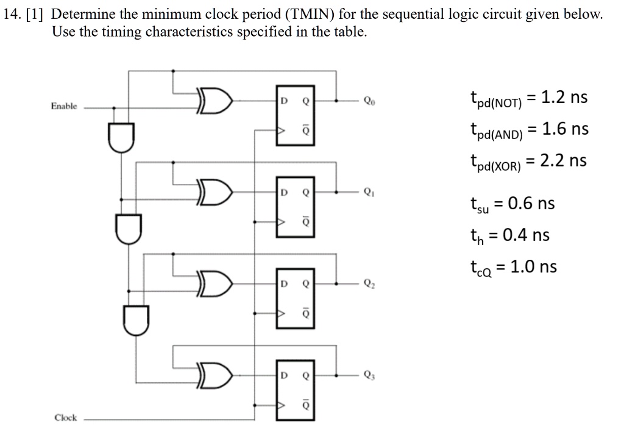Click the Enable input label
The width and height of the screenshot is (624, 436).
pyautogui.click(x=63, y=106)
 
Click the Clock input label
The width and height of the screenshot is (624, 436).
pyautogui.click(x=66, y=418)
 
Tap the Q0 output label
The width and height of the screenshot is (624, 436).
pyautogui.click(x=369, y=101)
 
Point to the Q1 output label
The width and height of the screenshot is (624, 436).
pyautogui.click(x=369, y=192)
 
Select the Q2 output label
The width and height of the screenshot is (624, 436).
pyautogui.click(x=369, y=284)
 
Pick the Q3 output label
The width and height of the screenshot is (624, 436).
pyautogui.click(x=369, y=375)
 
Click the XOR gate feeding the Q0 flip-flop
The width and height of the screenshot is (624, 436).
pyautogui.click(x=214, y=101)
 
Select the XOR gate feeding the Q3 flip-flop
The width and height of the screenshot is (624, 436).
pyautogui.click(x=214, y=374)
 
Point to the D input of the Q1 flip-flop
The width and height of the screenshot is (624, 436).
pyautogui.click(x=284, y=192)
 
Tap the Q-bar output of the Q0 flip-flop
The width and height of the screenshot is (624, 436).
pyautogui.click(x=306, y=130)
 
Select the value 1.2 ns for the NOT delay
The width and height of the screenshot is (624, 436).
pyautogui.click(x=564, y=97)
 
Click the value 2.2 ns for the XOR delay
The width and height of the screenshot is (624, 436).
pyautogui.click(x=563, y=160)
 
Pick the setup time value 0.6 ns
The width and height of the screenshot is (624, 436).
pyautogui.click(x=531, y=204)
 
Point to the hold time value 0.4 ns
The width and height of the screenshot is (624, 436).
pyautogui.click(x=526, y=235)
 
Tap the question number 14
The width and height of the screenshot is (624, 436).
pyautogui.click(x=12, y=15)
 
